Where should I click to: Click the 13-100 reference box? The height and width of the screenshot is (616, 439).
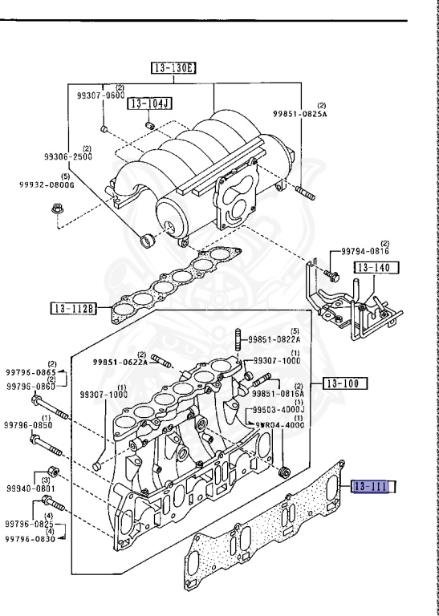[344, 383]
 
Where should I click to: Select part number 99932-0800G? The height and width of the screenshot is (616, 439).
[47, 184]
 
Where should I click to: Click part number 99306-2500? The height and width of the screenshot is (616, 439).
[68, 156]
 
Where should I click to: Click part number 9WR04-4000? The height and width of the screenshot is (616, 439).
[279, 426]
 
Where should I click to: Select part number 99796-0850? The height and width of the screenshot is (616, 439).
[30, 425]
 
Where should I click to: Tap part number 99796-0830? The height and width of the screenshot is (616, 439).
[31, 539]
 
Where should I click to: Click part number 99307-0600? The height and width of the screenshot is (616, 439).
[101, 95]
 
